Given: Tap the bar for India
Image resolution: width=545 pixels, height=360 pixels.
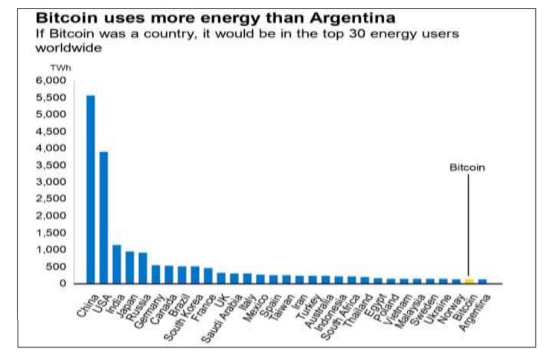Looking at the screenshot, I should point(117,264).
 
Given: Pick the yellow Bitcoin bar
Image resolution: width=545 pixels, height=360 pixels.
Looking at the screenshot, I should point(469,281).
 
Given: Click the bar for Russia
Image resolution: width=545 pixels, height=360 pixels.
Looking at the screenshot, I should point(143,268).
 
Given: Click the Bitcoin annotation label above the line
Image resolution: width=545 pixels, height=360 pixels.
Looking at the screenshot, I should point(467,167).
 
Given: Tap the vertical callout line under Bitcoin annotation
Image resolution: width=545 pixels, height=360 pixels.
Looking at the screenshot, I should point(468,225).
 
